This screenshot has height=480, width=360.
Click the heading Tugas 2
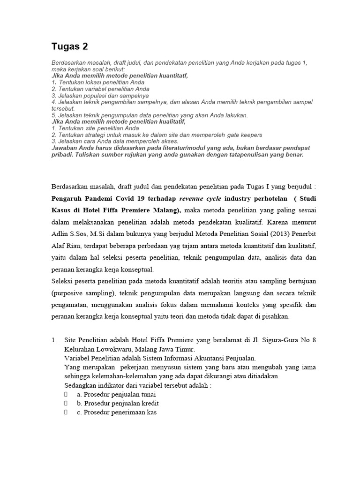[x=69, y=46]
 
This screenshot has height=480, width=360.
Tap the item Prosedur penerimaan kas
[x=117, y=412]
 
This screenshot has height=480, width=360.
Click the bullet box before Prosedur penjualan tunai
[x=67, y=394]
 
